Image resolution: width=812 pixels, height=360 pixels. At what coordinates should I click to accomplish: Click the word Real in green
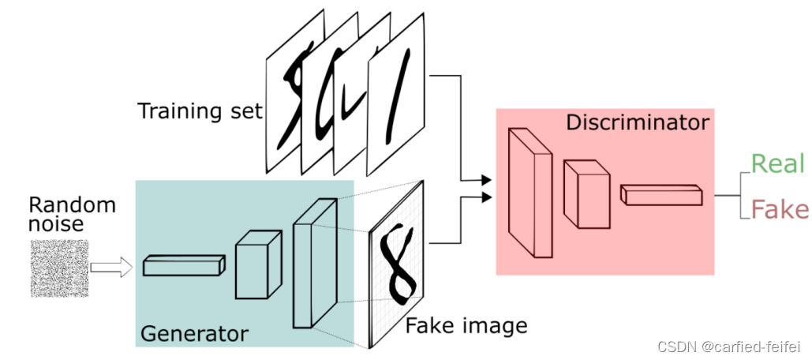(776, 164)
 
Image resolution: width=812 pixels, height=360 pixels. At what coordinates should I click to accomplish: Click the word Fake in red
(779, 209)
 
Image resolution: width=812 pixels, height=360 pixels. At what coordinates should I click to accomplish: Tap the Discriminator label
(638, 123)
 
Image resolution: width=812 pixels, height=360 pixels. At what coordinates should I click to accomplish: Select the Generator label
(193, 334)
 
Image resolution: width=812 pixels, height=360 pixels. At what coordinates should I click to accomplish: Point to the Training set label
(200, 111)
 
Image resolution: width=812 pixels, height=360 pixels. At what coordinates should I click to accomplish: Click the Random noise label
(72, 215)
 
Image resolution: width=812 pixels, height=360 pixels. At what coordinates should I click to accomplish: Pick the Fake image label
(466, 324)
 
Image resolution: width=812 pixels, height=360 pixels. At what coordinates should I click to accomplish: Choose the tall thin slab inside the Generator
(313, 263)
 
